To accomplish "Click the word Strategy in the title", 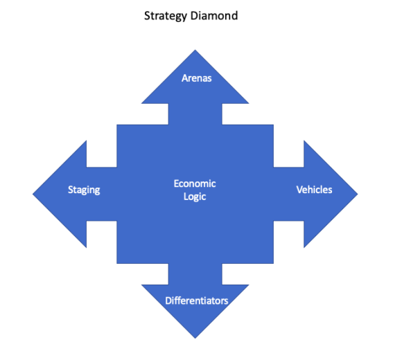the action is point(166,16).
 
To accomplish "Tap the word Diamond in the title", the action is point(214,16).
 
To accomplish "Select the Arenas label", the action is point(197,78).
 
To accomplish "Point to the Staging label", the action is point(84,190).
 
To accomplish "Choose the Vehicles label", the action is point(314,190).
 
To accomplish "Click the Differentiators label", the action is point(197,300).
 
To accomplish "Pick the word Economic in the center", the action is point(195,183).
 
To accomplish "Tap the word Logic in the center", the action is point(195,197).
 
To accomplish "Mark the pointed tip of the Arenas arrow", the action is point(195,50).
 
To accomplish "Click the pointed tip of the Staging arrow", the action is point(33,194).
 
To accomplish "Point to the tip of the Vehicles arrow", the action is point(358,194).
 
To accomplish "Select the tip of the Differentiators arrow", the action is point(195,338).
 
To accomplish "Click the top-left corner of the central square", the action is point(117,125).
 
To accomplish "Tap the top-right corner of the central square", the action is point(274,125).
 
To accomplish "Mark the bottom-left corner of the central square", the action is point(117,263).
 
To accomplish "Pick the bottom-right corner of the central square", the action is point(274,263).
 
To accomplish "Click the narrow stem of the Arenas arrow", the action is point(195,114).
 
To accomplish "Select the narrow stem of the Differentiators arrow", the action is point(195,274).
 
